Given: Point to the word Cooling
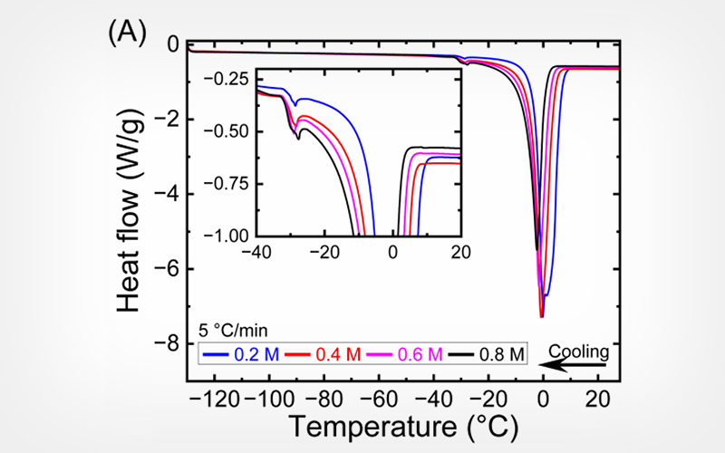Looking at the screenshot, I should (580, 350).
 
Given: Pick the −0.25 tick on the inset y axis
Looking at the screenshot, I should (231, 80).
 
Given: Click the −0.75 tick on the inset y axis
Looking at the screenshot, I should (231, 184).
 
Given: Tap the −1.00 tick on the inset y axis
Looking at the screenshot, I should (231, 236).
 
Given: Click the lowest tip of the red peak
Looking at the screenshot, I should (542, 317).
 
